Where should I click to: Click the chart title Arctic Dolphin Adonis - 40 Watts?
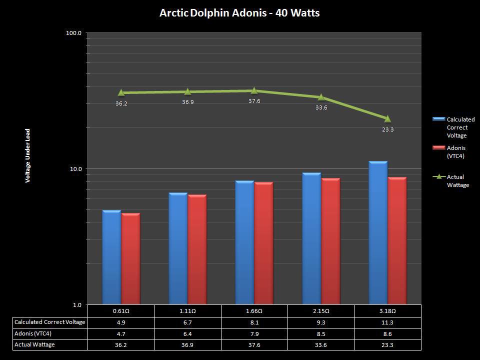tap(239, 13)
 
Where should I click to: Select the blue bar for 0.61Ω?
tap(111, 257)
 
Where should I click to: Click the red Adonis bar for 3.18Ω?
tap(397, 241)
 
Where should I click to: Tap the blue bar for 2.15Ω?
tap(311, 238)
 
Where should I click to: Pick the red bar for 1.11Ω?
tap(197, 249)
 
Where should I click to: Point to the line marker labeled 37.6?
tap(254, 90)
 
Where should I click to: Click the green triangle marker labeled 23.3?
tap(387, 118)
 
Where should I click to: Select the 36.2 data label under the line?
tap(121, 103)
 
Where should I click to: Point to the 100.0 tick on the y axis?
tap(74, 33)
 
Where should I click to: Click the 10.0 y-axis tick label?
tap(75, 169)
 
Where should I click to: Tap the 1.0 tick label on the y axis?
tap(77, 305)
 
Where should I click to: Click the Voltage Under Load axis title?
tap(28, 155)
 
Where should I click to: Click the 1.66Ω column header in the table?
tap(254, 310)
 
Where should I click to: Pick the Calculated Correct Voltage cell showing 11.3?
tap(387, 322)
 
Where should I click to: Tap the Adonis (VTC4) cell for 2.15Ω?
tap(321, 333)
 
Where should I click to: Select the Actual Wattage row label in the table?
tap(34, 344)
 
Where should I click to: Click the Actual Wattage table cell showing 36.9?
tap(187, 345)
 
